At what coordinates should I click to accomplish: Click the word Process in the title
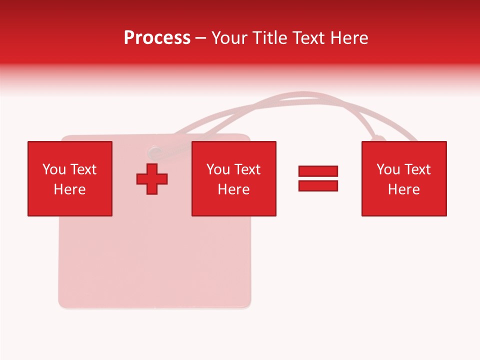click(157, 38)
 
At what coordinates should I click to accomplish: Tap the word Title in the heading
click(270, 38)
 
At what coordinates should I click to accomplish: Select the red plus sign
click(152, 178)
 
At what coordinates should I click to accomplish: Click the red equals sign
click(318, 178)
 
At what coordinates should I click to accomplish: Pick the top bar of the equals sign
click(318, 171)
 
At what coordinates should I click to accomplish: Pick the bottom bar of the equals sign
click(318, 185)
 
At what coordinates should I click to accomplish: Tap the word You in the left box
click(54, 169)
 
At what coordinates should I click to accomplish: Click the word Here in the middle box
click(234, 189)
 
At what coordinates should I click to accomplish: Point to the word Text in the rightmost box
click(417, 169)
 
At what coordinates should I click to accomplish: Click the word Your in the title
click(230, 38)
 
